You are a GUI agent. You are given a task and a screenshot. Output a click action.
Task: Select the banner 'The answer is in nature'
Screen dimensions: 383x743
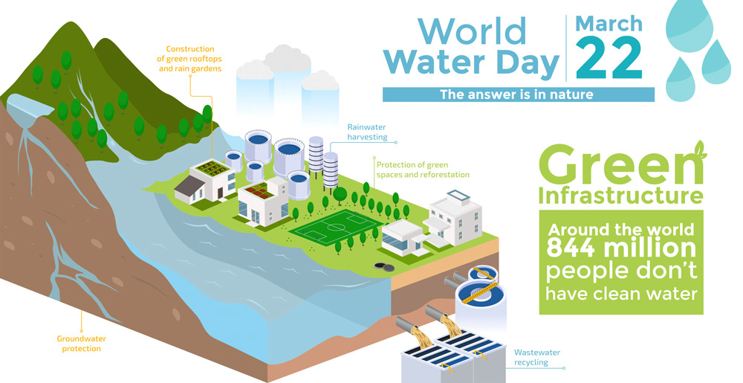click(x=518, y=94)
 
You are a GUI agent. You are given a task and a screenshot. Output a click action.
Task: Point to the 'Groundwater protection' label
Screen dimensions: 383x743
click(x=81, y=343)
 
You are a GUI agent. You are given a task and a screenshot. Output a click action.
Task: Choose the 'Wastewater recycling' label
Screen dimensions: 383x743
click(x=536, y=357)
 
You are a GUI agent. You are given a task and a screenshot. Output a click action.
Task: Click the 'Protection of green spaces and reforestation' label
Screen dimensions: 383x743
click(x=423, y=170)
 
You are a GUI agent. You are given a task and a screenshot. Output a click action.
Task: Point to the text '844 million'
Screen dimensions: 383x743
click(x=621, y=248)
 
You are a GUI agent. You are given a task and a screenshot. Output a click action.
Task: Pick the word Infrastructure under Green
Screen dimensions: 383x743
click(x=620, y=196)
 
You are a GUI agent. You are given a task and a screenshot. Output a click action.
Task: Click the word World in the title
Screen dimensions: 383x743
click(x=472, y=31)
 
